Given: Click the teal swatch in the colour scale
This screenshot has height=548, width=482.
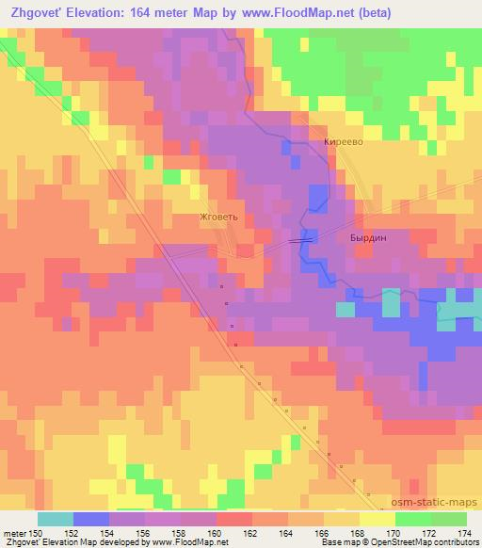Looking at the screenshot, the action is (x=56, y=519).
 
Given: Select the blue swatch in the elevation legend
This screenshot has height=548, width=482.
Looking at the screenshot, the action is (x=91, y=519).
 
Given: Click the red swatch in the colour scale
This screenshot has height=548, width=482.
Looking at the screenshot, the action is (x=234, y=519).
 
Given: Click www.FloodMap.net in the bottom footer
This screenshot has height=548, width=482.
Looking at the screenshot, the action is (x=194, y=542).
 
